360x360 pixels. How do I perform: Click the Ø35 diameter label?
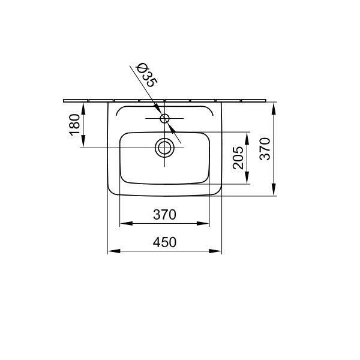[x=147, y=75]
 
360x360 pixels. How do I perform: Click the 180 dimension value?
[x=75, y=125]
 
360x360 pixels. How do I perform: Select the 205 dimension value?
[x=238, y=158]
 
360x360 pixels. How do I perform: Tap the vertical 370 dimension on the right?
[x=265, y=149]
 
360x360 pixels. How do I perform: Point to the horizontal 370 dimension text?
[x=164, y=214]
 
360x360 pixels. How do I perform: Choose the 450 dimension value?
[x=164, y=242]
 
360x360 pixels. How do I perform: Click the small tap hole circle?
[x=164, y=118]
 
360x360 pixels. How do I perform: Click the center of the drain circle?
[x=164, y=148]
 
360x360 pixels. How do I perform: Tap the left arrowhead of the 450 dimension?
[x=114, y=251]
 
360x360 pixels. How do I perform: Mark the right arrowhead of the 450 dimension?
[x=215, y=251]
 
